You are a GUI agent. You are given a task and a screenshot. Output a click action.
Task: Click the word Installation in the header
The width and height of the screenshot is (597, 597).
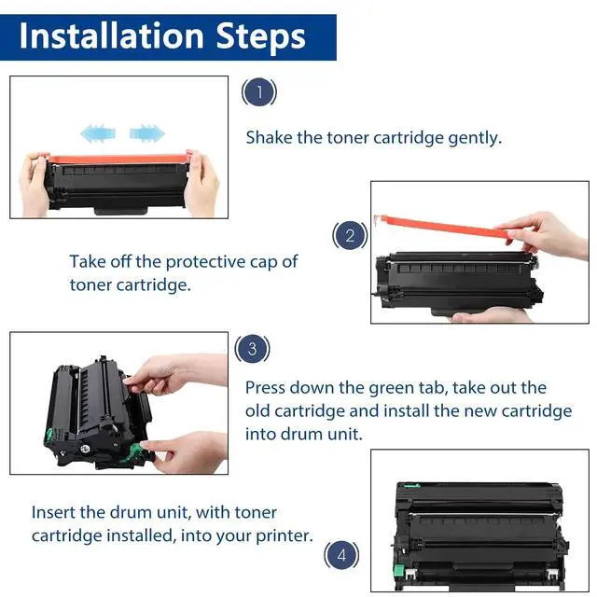tap(112, 36)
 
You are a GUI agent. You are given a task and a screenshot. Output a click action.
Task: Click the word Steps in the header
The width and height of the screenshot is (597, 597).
tap(261, 38)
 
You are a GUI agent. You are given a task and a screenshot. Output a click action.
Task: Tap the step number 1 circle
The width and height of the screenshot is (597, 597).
tap(259, 91)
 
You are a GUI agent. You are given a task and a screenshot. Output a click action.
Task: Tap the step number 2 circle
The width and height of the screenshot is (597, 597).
tap(350, 235)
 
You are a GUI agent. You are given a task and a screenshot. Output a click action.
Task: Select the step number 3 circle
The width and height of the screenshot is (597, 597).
tap(253, 348)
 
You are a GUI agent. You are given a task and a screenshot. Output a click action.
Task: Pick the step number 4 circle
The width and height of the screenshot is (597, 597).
tap(341, 555)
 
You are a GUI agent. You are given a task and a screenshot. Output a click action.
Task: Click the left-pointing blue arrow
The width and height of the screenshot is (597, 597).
tap(98, 133)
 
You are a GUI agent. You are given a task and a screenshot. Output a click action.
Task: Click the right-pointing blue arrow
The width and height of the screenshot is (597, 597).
tap(147, 133)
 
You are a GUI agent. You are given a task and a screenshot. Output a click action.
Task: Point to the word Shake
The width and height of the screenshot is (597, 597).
tap(269, 137)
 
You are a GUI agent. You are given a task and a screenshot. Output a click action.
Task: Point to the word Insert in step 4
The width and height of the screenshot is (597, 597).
tap(53, 512)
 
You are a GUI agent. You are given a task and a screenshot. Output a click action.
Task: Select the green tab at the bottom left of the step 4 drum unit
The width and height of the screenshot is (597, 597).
tap(398, 570)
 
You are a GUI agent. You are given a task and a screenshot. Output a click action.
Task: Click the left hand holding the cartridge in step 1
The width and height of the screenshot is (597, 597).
tap(35, 184)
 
